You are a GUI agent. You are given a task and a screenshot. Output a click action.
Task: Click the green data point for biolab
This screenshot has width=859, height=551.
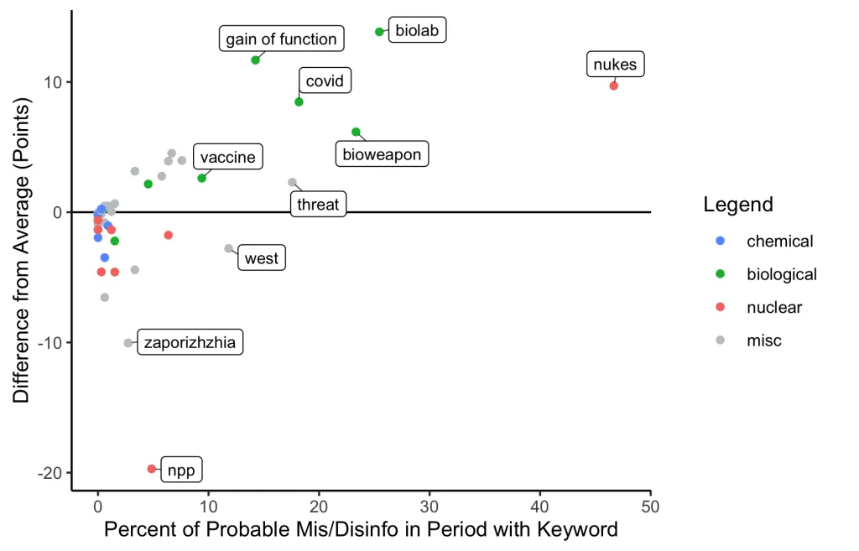coord(379,32)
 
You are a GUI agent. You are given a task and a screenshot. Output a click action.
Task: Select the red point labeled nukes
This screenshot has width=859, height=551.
coord(614,86)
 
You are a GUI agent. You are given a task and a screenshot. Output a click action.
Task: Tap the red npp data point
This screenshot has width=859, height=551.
coord(152,469)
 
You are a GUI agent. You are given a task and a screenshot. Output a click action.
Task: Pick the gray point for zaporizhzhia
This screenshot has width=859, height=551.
coord(128,343)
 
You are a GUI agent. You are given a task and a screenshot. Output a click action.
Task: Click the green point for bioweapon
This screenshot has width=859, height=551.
coord(356,132)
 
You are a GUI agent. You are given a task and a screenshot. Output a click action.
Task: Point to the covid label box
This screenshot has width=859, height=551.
coord(324,81)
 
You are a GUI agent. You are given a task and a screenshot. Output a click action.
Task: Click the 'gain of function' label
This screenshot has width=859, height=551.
coord(281,39)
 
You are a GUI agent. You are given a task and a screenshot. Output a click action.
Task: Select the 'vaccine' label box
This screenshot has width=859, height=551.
coord(227,157)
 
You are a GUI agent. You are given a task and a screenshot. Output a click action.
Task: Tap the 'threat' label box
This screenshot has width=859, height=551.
coord(318,204)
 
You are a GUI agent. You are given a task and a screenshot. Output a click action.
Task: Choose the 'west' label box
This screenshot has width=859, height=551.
coord(261,258)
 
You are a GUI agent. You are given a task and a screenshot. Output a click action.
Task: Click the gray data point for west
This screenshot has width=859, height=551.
coord(228,248)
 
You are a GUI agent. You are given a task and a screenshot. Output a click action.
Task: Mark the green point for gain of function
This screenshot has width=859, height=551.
coord(255,60)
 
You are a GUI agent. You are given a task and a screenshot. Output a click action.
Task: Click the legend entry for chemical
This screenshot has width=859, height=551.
coord(779,242)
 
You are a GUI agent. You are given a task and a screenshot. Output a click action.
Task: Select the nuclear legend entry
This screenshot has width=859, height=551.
coord(773,307)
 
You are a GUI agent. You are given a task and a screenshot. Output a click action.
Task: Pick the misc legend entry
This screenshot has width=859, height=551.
coord(763,340)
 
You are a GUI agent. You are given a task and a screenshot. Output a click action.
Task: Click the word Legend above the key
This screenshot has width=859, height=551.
coord(738,205)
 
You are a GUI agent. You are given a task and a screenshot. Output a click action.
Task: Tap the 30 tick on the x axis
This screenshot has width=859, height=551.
coord(429,507)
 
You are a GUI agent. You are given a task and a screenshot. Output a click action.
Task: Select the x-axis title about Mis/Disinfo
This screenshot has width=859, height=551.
coord(361,530)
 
